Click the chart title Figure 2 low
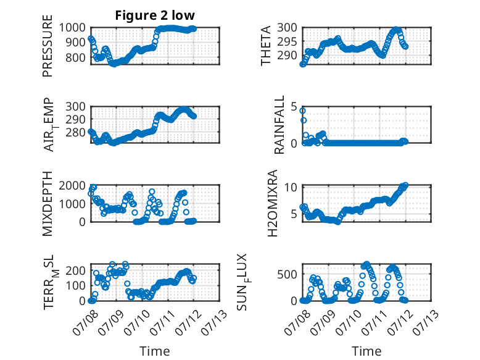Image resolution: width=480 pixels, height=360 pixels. (155, 15)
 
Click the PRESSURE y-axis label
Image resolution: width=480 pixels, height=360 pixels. (48, 46)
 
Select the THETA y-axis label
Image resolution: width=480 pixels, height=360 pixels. (266, 46)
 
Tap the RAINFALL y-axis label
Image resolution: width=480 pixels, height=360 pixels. (279, 125)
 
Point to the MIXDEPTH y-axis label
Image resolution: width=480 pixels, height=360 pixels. (48, 204)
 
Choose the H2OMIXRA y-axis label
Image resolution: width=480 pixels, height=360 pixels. (272, 203)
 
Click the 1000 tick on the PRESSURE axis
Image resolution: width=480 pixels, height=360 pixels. (72, 28)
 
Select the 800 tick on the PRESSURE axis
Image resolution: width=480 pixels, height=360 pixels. (75, 57)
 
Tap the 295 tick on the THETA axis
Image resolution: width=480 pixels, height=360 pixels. (287, 41)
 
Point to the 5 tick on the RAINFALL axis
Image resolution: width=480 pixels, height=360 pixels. (294, 107)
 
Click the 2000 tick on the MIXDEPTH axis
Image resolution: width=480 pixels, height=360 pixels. (72, 185)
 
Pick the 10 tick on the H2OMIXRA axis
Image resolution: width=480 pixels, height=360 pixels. (291, 187)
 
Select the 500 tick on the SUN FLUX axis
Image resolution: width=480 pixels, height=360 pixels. (287, 274)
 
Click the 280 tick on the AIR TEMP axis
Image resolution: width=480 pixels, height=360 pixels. (75, 132)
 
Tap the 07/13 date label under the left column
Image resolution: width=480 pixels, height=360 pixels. (214, 322)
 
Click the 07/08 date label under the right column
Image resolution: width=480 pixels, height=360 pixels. (297, 322)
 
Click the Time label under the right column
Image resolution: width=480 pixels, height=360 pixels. (366, 351)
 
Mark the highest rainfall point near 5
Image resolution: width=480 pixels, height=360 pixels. (302, 111)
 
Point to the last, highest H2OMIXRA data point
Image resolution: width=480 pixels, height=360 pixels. (405, 185)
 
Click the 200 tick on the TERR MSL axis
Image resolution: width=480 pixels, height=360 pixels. (75, 270)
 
